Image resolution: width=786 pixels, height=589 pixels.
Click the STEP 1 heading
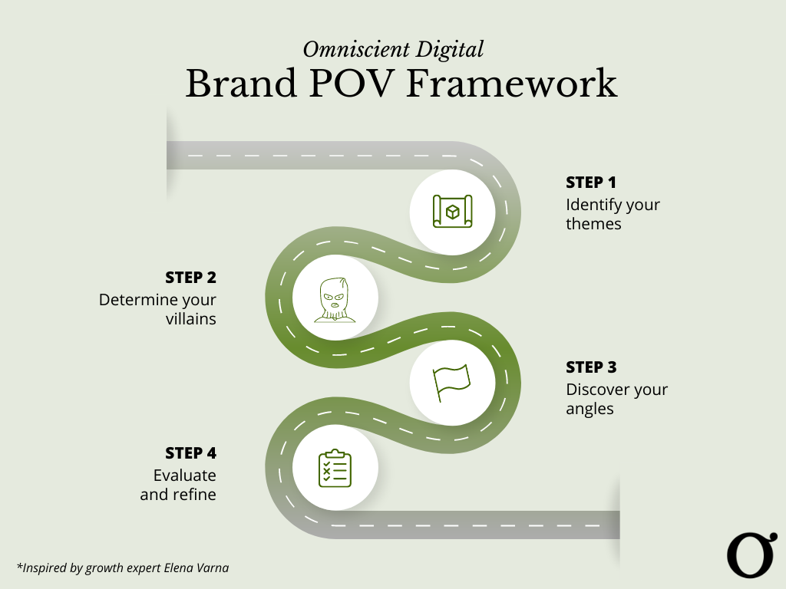click(591, 183)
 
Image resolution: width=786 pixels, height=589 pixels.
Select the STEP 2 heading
click(191, 278)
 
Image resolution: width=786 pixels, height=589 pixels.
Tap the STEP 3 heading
click(592, 367)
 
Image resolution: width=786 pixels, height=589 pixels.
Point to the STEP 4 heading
click(191, 453)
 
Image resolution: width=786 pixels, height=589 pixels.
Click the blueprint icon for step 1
click(453, 212)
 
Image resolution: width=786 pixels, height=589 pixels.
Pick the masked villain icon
click(335, 300)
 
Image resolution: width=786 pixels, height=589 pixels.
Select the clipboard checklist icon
click(335, 469)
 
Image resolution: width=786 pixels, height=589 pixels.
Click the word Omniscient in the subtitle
click(356, 50)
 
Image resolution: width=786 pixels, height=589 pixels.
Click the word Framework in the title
click(512, 83)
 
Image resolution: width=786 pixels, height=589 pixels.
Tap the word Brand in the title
click(241, 83)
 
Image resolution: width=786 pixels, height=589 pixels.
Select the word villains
click(191, 319)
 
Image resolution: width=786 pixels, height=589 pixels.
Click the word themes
click(593, 224)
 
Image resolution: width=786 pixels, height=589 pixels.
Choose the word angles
click(589, 410)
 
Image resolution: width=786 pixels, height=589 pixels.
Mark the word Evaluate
click(185, 475)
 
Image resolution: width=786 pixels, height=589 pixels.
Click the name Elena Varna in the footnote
click(196, 568)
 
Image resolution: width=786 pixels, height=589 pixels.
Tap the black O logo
click(752, 555)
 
